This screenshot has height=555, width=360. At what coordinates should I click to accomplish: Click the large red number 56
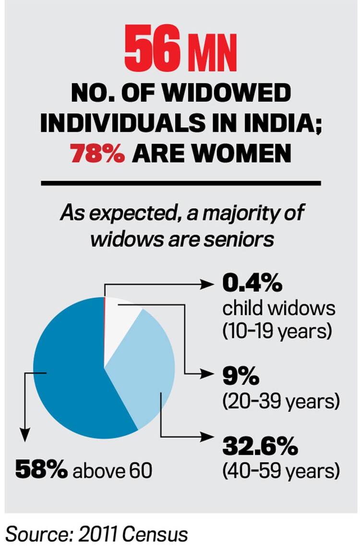click(x=152, y=49)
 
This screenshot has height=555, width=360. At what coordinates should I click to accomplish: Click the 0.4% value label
click(x=251, y=285)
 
